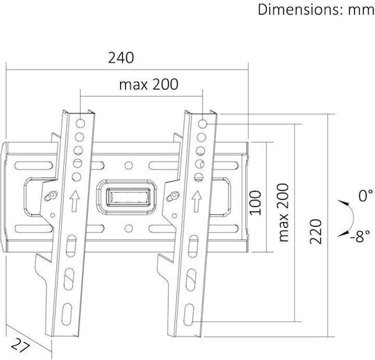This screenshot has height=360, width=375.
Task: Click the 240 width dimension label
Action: pyautogui.click(x=121, y=58)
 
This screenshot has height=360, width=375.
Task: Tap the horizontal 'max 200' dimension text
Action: pyautogui.click(x=149, y=85)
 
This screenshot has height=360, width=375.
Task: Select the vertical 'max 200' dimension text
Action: pyautogui.click(x=283, y=213)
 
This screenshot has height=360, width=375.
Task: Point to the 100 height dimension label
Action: pyautogui.click(x=255, y=203)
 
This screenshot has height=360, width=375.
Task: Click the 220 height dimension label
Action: pyautogui.click(x=316, y=232)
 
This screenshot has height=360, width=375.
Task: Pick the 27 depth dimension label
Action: pyautogui.click(x=21, y=345)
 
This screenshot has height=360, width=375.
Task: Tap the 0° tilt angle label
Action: pyautogui.click(x=365, y=196)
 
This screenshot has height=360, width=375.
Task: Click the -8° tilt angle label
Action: pyautogui.click(x=360, y=236)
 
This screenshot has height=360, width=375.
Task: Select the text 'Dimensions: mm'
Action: pyautogui.click(x=316, y=10)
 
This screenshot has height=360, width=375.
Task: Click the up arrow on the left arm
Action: pyautogui.click(x=75, y=201)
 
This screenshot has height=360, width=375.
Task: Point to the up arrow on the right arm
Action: pyautogui.click(x=197, y=201)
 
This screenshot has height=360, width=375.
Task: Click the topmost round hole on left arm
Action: pyautogui.click(x=81, y=123)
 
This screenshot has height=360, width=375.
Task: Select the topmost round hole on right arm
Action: pyautogui.click(x=203, y=123)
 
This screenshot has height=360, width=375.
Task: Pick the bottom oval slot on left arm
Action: pyautogui.click(x=67, y=314)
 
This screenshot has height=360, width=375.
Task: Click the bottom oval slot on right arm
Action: pyautogui.click(x=189, y=315)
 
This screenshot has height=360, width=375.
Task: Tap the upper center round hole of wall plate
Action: pyautogui.click(x=128, y=165)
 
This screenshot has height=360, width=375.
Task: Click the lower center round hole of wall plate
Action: pyautogui.click(x=128, y=229)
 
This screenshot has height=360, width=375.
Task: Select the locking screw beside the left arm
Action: pyautogui.click(x=51, y=196)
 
